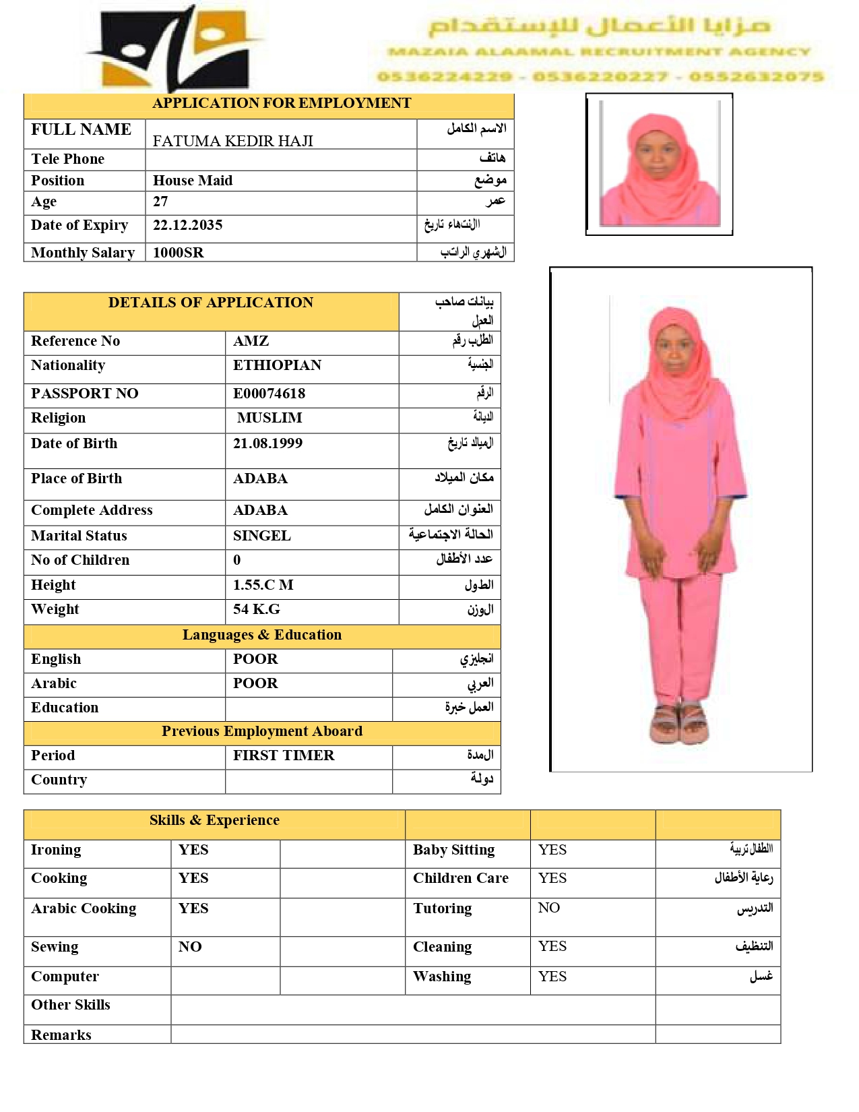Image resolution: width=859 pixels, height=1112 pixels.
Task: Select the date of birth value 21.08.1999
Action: (x=267, y=443)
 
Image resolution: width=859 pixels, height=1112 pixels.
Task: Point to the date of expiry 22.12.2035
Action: (x=187, y=225)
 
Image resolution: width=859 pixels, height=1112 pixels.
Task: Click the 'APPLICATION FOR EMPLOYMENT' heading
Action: (x=281, y=103)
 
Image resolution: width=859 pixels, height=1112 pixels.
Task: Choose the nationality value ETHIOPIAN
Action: (x=277, y=365)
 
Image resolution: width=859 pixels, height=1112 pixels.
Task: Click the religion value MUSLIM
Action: (x=269, y=418)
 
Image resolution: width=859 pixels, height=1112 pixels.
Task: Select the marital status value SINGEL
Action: (x=261, y=536)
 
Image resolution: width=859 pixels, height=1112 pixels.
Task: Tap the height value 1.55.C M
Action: (x=263, y=585)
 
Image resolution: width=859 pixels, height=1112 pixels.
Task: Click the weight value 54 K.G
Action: (x=256, y=609)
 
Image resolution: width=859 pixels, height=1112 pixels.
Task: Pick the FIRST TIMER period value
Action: (x=284, y=755)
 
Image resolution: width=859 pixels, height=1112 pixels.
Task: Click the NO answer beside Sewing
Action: (x=190, y=947)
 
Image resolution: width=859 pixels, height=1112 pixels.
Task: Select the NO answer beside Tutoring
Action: (x=548, y=908)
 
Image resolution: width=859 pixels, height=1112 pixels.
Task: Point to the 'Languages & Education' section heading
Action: (x=261, y=635)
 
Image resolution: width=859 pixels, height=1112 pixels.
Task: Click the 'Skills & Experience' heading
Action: (x=214, y=820)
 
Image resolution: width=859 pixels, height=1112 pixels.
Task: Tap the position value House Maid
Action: (x=193, y=181)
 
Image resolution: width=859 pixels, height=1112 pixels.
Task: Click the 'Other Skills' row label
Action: (x=71, y=1005)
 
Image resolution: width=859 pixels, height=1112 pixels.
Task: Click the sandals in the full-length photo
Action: (x=679, y=724)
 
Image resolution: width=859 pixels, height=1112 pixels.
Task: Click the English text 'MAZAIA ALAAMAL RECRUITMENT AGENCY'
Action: (x=599, y=52)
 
